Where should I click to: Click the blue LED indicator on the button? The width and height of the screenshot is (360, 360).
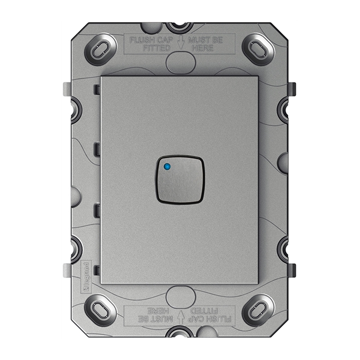click(x=167, y=167)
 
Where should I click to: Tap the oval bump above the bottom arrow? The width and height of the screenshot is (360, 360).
click(x=180, y=297)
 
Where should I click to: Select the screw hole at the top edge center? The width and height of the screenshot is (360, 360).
click(x=180, y=27)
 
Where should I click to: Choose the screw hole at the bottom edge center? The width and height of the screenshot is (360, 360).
click(x=180, y=333)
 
